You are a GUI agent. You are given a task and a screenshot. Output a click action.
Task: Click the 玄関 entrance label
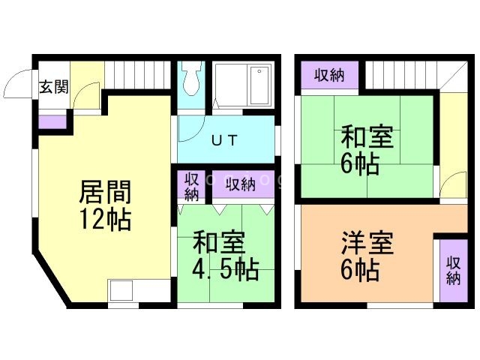click(54, 86)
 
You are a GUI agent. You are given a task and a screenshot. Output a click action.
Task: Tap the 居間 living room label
click(106, 193)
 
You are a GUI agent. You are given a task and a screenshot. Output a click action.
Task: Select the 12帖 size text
click(106, 220)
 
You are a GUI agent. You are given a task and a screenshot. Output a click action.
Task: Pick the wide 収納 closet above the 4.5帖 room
click(242, 184)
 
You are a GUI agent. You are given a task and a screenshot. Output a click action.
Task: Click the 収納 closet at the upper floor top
click(329, 75)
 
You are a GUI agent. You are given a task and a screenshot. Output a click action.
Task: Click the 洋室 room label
click(367, 245)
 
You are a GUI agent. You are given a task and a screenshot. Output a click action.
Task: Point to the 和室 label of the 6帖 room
click(367, 138)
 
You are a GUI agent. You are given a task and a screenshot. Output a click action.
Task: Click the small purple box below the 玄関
click(52, 120)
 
